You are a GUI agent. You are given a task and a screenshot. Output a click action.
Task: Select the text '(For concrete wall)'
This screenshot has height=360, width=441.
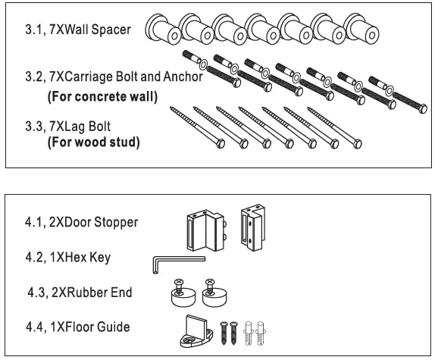pyautogui.click(x=102, y=97)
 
